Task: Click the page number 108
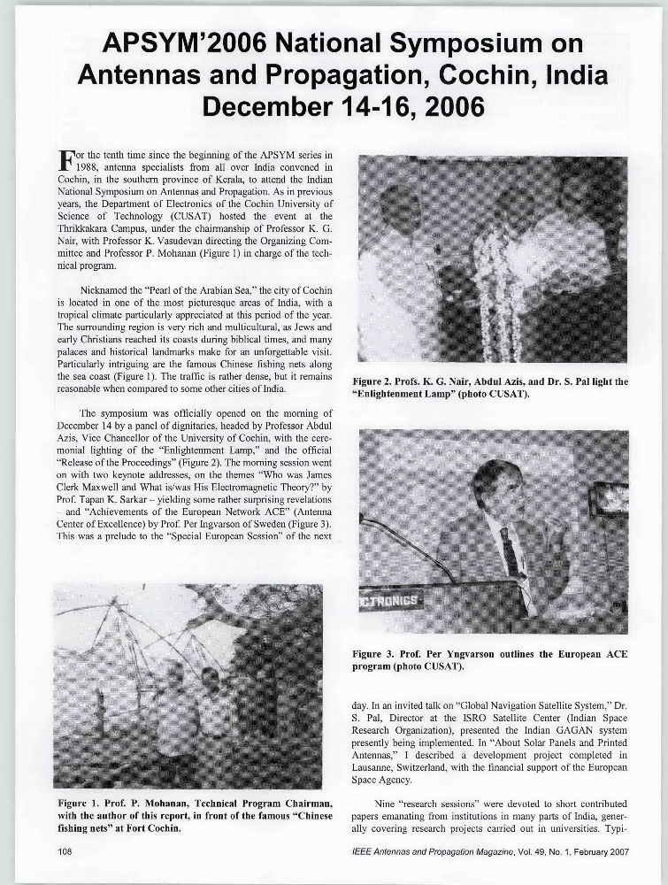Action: pyautogui.click(x=63, y=850)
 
